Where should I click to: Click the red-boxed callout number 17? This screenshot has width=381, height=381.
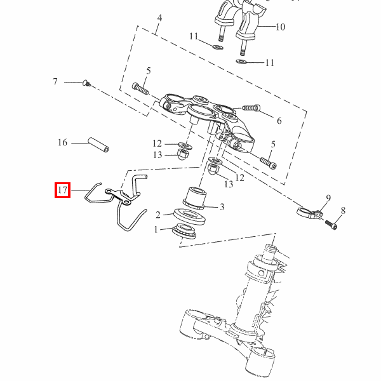62,190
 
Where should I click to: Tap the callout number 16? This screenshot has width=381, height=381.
62,142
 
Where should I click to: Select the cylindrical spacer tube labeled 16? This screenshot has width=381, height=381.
98,145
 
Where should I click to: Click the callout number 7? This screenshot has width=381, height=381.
55,82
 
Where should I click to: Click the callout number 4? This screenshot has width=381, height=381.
159,18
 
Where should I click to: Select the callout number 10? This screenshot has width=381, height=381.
281,27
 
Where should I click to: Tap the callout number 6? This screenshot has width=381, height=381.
279,121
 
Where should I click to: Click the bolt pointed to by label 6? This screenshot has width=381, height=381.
251,107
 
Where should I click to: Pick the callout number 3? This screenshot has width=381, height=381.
222,207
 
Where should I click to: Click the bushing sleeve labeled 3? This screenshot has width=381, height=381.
195,198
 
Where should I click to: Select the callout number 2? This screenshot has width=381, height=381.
158,215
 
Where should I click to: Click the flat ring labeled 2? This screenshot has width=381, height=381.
189,217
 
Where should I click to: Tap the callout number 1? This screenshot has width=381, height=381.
156,229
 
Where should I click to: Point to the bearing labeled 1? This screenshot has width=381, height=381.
184,231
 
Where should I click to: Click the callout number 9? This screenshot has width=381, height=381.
328,198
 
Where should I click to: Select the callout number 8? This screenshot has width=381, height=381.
343,210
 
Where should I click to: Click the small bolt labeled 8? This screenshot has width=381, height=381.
331,225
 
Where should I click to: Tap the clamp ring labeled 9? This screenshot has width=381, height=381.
310,213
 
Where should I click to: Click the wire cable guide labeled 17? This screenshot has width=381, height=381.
116,201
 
